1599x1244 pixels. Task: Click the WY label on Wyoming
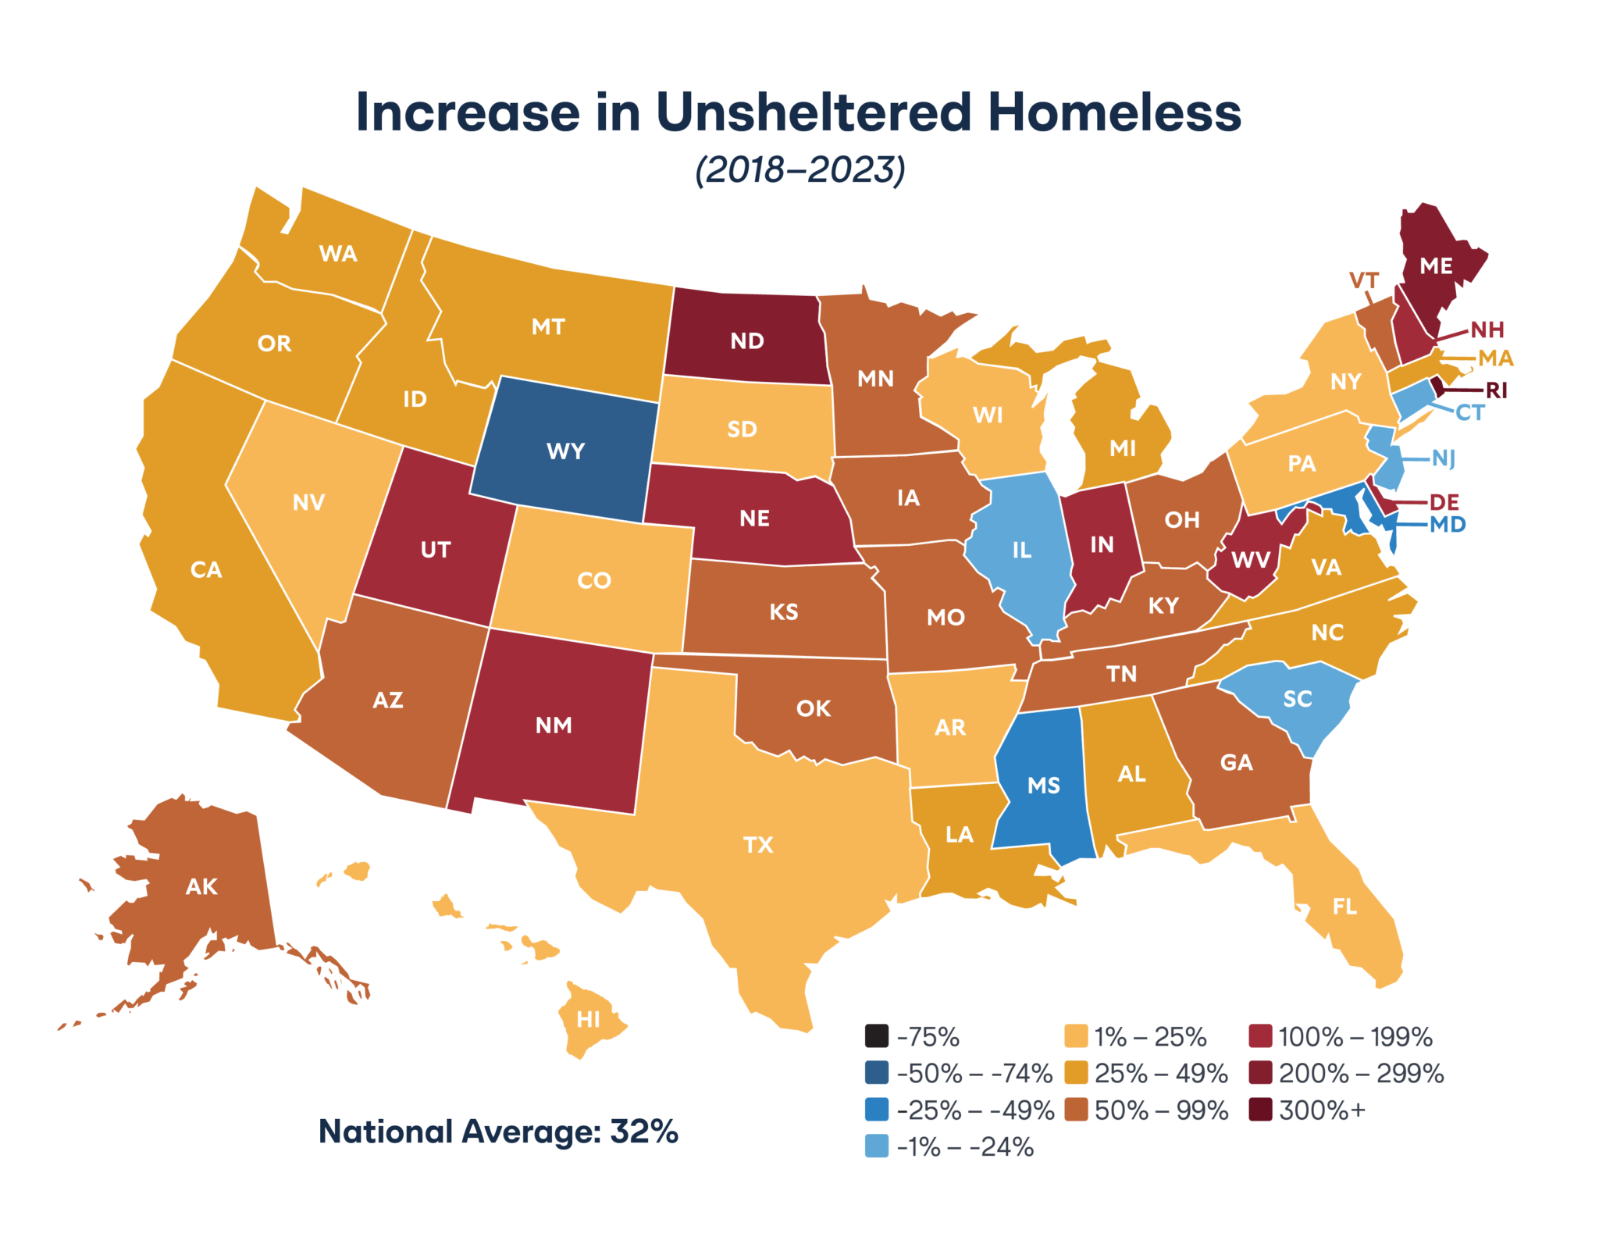(565, 451)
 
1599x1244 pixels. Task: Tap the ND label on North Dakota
(747, 341)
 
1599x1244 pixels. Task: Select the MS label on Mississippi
(1044, 786)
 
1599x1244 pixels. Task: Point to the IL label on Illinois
(1022, 551)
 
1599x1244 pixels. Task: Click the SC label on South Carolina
(1298, 699)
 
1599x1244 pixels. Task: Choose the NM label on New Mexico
(554, 725)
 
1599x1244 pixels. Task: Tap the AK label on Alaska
(201, 887)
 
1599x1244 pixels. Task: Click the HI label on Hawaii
(588, 1019)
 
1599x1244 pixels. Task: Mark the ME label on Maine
(1436, 266)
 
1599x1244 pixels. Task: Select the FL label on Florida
(1344, 907)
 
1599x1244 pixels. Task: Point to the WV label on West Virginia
(1251, 560)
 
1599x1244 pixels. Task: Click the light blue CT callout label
(1470, 414)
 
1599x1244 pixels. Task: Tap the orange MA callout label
(1496, 358)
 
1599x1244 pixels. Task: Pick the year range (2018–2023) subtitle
(800, 169)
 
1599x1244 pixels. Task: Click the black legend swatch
(877, 1035)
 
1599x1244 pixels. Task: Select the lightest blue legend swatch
(877, 1146)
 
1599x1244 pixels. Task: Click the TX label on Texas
(758, 845)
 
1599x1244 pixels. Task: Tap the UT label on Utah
(436, 550)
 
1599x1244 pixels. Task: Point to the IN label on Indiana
(1102, 544)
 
